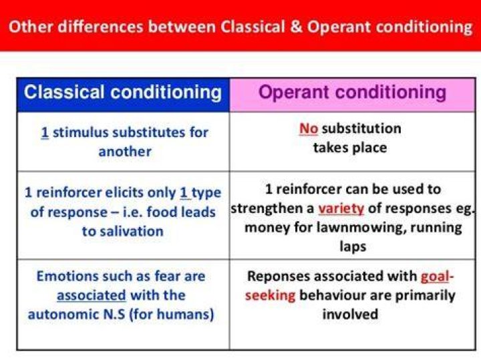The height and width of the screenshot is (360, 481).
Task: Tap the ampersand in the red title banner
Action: pyautogui.click(x=296, y=26)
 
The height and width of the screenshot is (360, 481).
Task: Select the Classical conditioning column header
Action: pyautogui.click(x=123, y=92)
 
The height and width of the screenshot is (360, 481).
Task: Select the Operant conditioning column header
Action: pyautogui.click(x=352, y=92)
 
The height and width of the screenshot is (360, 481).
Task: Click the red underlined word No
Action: pyautogui.click(x=309, y=128)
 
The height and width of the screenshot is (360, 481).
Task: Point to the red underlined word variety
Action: pyautogui.click(x=341, y=209)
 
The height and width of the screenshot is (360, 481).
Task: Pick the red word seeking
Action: pyautogui.click(x=271, y=296)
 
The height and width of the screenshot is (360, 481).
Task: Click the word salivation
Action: pyautogui.click(x=122, y=231)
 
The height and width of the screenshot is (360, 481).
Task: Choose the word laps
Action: pyautogui.click(x=353, y=247)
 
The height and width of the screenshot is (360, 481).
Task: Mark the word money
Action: pyautogui.click(x=267, y=228)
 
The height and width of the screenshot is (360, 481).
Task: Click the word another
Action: pyautogui.click(x=125, y=152)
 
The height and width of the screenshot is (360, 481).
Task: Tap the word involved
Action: pyautogui.click(x=350, y=315)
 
